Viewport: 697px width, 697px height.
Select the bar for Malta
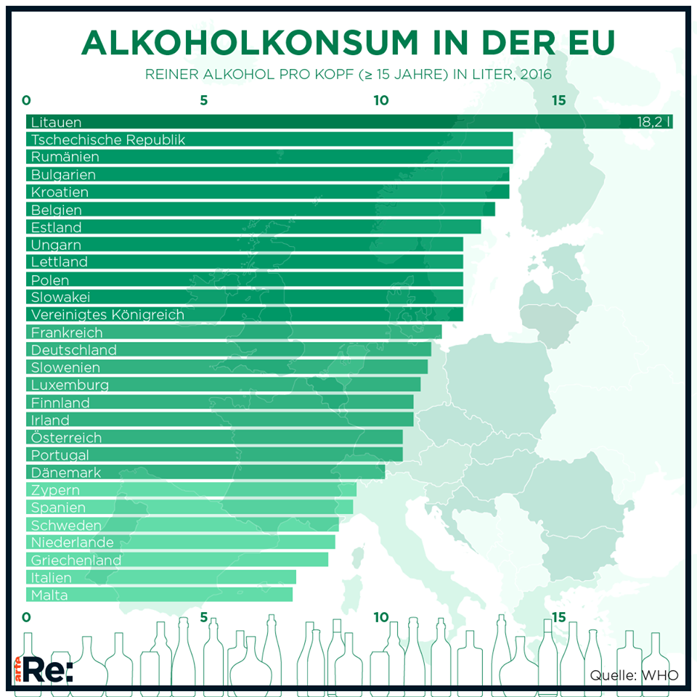click(160, 595)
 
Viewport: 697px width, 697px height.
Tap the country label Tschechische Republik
click(108, 139)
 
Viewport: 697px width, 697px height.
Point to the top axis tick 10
click(381, 100)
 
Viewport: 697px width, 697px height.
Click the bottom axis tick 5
click(204, 618)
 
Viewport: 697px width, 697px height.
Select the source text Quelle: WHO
click(634, 675)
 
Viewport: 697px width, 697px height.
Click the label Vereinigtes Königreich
click(107, 314)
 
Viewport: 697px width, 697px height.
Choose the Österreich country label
click(66, 438)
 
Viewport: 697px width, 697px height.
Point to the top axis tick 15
click(558, 100)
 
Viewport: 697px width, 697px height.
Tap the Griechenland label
click(76, 560)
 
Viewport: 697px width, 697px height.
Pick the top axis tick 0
click(27, 100)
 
